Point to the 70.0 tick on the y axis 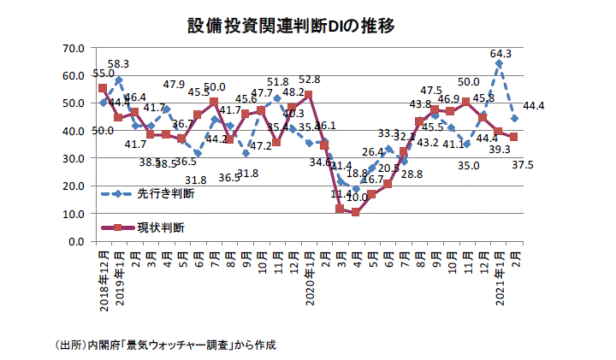(x=74, y=47)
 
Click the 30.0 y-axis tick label (x=74, y=158)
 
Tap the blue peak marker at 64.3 (x=499, y=63)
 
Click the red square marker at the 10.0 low (x=356, y=212)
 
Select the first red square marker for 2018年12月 (x=103, y=88)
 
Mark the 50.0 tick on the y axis (x=74, y=103)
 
